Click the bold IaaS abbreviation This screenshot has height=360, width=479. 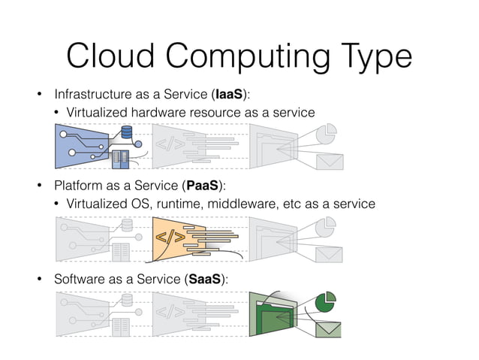[228, 95]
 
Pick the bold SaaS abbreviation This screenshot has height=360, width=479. [203, 279]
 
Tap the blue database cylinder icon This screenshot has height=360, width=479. [126, 134]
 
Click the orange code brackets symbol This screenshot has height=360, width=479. [170, 239]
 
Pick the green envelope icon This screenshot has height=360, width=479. [328, 329]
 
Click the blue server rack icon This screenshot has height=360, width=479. [120, 159]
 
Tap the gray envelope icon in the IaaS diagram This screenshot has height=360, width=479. [329, 161]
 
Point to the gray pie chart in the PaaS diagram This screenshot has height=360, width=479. [325, 225]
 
